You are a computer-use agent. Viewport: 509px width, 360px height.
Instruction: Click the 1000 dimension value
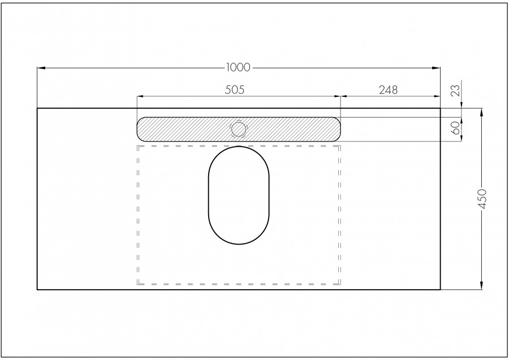pos(238,67)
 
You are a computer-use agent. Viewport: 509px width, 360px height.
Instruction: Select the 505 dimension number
pos(238,89)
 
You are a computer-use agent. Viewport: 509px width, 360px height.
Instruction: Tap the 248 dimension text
pos(389,89)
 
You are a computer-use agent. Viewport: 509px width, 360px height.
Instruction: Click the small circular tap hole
pos(239,129)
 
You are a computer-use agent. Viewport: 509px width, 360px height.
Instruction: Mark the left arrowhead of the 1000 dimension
pos(40,68)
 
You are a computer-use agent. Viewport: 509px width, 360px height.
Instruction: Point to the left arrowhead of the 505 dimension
pos(140,96)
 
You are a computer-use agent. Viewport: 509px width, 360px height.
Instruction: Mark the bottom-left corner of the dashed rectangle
pos(137,284)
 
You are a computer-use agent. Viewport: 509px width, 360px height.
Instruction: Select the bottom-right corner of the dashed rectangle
pos(340,284)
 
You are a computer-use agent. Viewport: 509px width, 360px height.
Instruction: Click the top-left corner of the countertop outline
pos(37,108)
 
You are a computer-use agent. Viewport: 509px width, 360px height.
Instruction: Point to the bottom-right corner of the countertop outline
pos(440,290)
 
